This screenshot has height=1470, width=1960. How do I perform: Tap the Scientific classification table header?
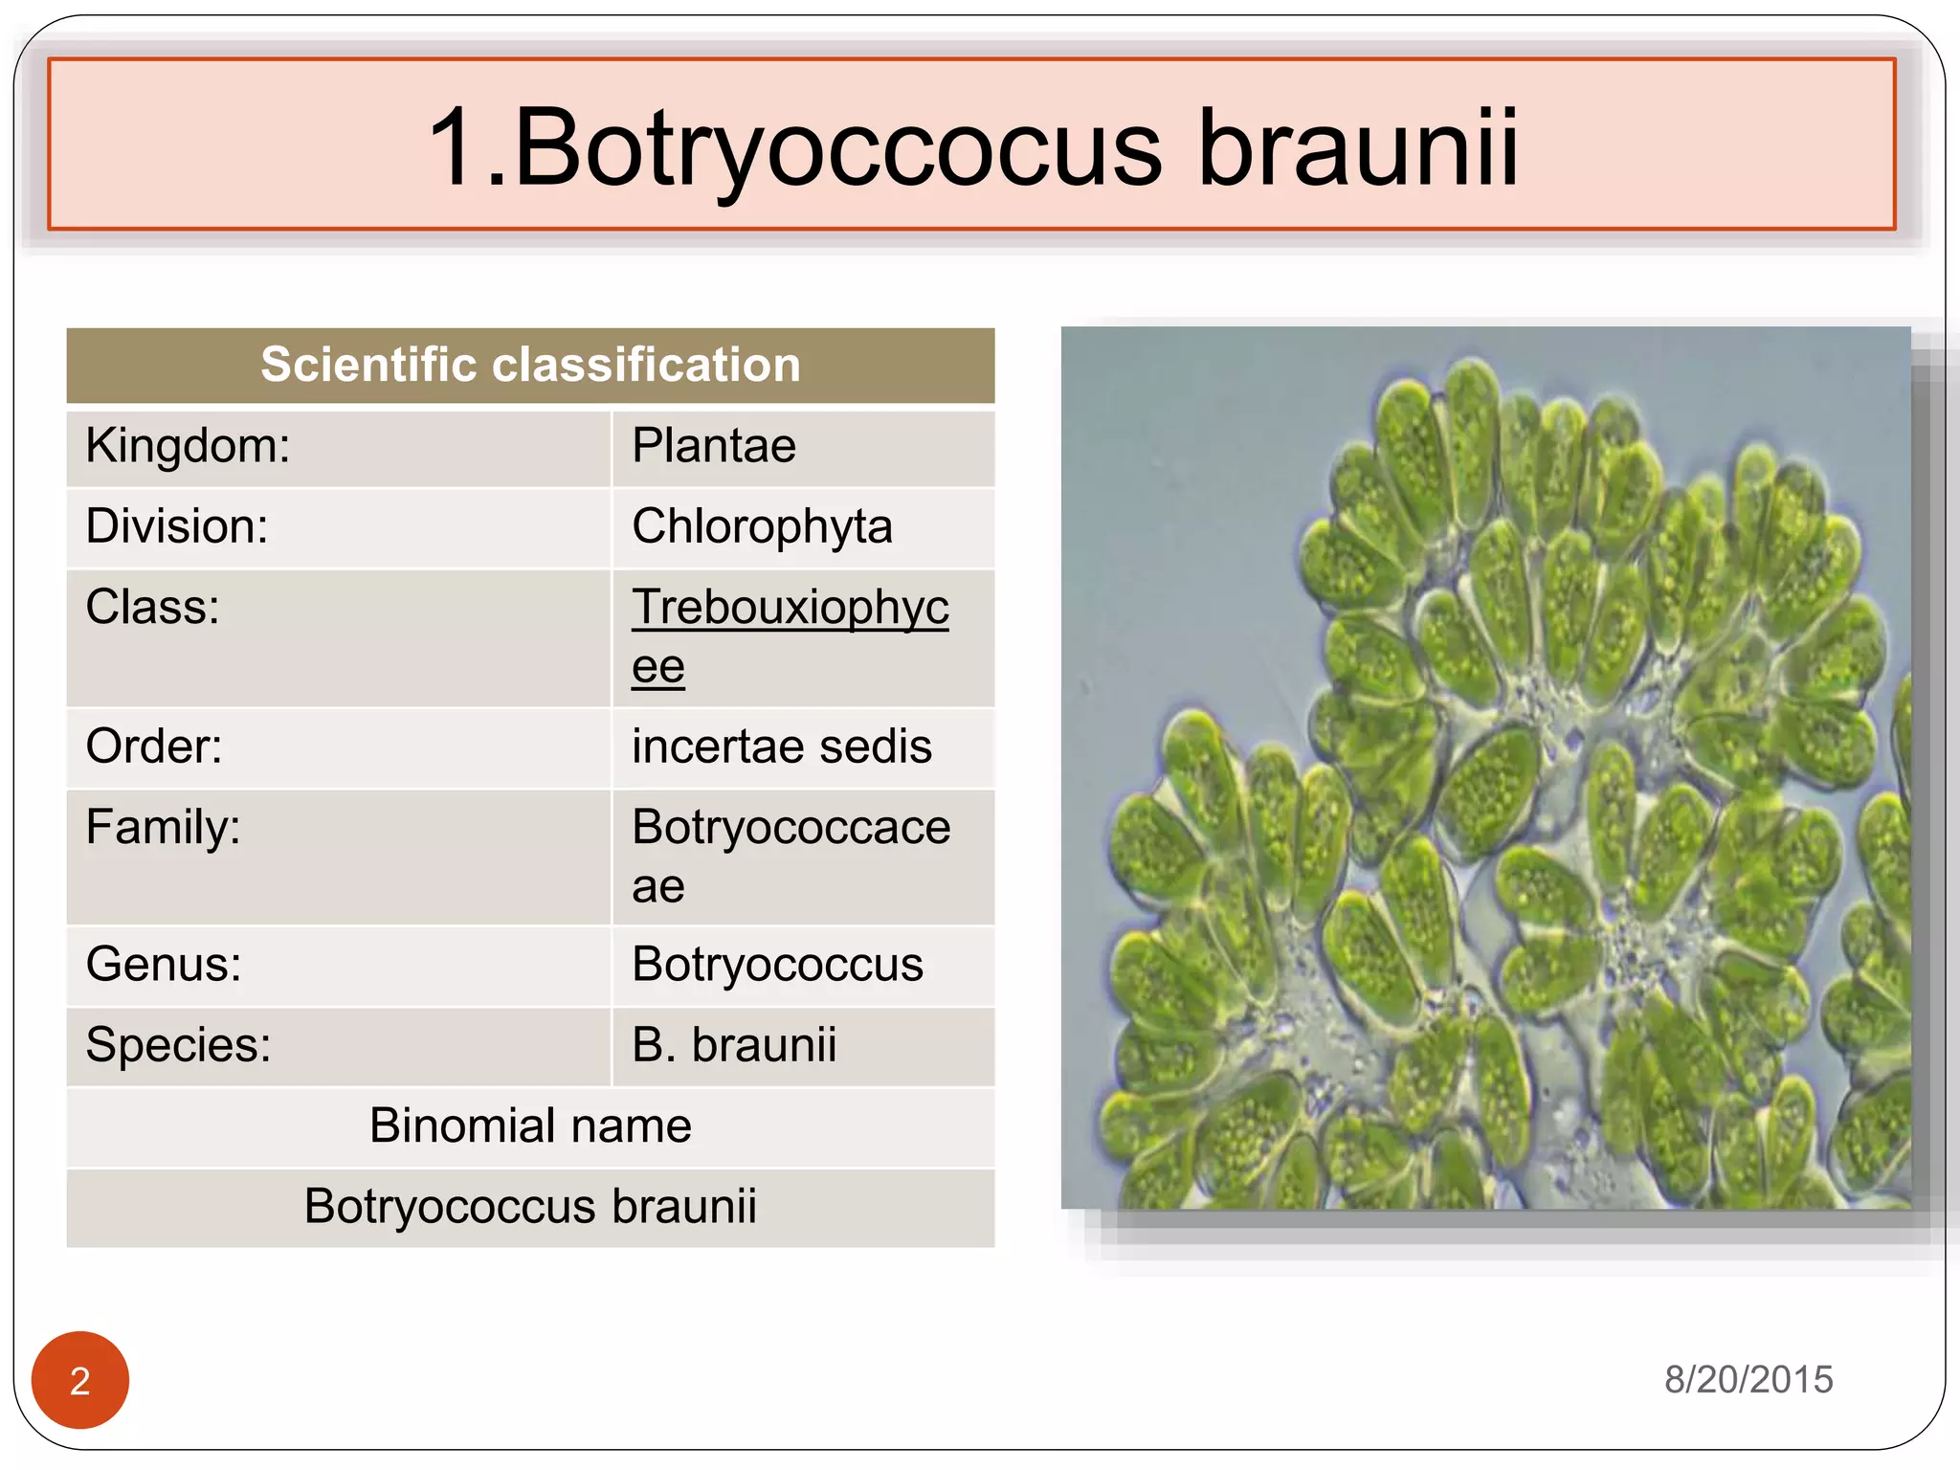click(x=530, y=365)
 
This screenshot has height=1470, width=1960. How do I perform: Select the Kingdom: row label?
click(x=188, y=446)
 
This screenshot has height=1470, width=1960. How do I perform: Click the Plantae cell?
click(x=714, y=446)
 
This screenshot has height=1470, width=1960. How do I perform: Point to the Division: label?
click(x=177, y=526)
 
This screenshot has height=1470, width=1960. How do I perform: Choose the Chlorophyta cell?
click(x=762, y=526)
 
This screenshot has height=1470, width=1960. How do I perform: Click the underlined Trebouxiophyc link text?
click(x=790, y=607)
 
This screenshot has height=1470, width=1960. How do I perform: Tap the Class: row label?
click(x=153, y=607)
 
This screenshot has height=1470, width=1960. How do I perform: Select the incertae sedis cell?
click(x=781, y=746)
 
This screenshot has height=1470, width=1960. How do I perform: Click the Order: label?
click(x=154, y=746)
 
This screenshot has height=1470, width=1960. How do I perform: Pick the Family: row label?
click(x=163, y=827)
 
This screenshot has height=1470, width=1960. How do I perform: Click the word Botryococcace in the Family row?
click(x=791, y=827)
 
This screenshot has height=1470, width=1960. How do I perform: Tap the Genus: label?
click(x=164, y=964)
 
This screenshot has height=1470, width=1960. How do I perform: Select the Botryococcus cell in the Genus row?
click(x=777, y=964)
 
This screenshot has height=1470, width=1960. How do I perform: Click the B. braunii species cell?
click(x=734, y=1044)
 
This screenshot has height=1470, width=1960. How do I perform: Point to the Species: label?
click(x=178, y=1044)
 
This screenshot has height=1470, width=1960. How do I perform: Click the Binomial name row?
click(x=530, y=1125)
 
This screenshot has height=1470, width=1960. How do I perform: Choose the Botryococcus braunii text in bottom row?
click(x=530, y=1206)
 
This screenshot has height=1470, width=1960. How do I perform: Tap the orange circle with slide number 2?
click(x=80, y=1380)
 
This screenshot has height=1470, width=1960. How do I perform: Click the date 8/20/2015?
click(x=1748, y=1379)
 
